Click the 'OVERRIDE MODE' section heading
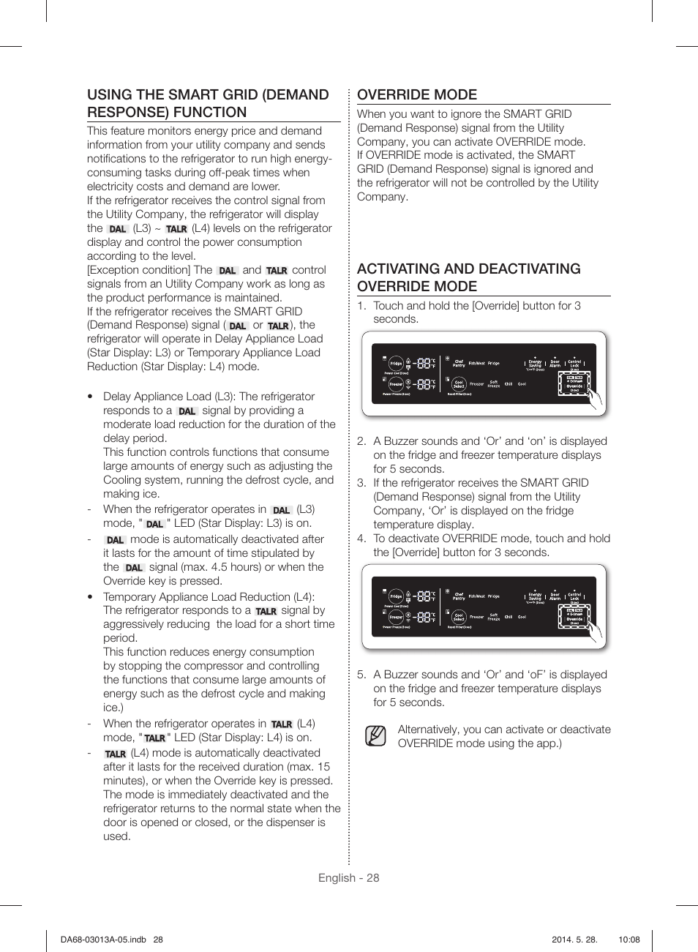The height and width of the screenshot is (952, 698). (417, 95)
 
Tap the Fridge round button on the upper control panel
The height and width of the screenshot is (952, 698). (396, 364)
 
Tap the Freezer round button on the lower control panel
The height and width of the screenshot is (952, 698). (396, 618)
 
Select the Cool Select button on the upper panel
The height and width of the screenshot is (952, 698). (459, 384)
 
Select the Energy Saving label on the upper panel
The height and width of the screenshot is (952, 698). (536, 363)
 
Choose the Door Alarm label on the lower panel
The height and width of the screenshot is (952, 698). (555, 596)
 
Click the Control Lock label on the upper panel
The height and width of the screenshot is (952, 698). (575, 363)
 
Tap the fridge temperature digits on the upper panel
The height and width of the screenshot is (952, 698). (423, 363)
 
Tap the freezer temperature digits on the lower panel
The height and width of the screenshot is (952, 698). (423, 618)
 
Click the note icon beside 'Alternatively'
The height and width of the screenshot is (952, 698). (375, 735)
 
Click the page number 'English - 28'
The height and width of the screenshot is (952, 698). (348, 878)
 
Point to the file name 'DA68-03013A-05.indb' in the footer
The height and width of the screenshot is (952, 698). (103, 940)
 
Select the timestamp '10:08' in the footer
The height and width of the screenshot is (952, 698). (628, 940)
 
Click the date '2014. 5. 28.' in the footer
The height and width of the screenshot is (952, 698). (574, 940)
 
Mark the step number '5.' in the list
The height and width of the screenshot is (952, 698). (361, 675)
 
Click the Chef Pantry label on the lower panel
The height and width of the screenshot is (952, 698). (459, 596)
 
